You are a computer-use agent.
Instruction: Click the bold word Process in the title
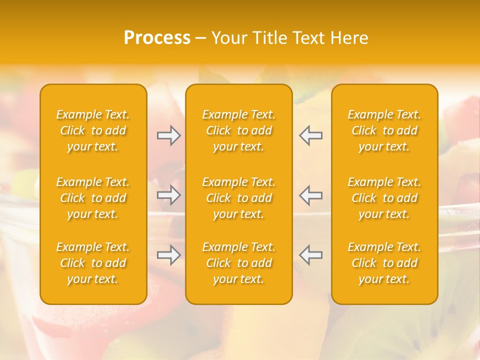157,38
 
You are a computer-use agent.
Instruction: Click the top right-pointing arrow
169,135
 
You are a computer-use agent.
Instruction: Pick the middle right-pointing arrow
169,195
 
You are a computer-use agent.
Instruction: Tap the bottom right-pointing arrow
169,255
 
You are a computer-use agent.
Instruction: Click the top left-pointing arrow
310,135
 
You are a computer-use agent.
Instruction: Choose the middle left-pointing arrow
310,195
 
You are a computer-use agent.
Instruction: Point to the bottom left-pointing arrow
310,255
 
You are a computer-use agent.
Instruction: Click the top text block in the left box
93,130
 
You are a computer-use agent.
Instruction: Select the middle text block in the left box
93,198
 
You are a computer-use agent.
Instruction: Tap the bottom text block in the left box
93,263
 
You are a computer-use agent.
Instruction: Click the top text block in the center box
239,130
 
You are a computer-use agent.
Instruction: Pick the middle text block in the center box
239,198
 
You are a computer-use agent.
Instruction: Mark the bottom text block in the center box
239,263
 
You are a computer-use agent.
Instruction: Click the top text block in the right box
384,130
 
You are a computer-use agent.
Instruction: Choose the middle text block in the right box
384,198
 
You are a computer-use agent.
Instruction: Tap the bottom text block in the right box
384,263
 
